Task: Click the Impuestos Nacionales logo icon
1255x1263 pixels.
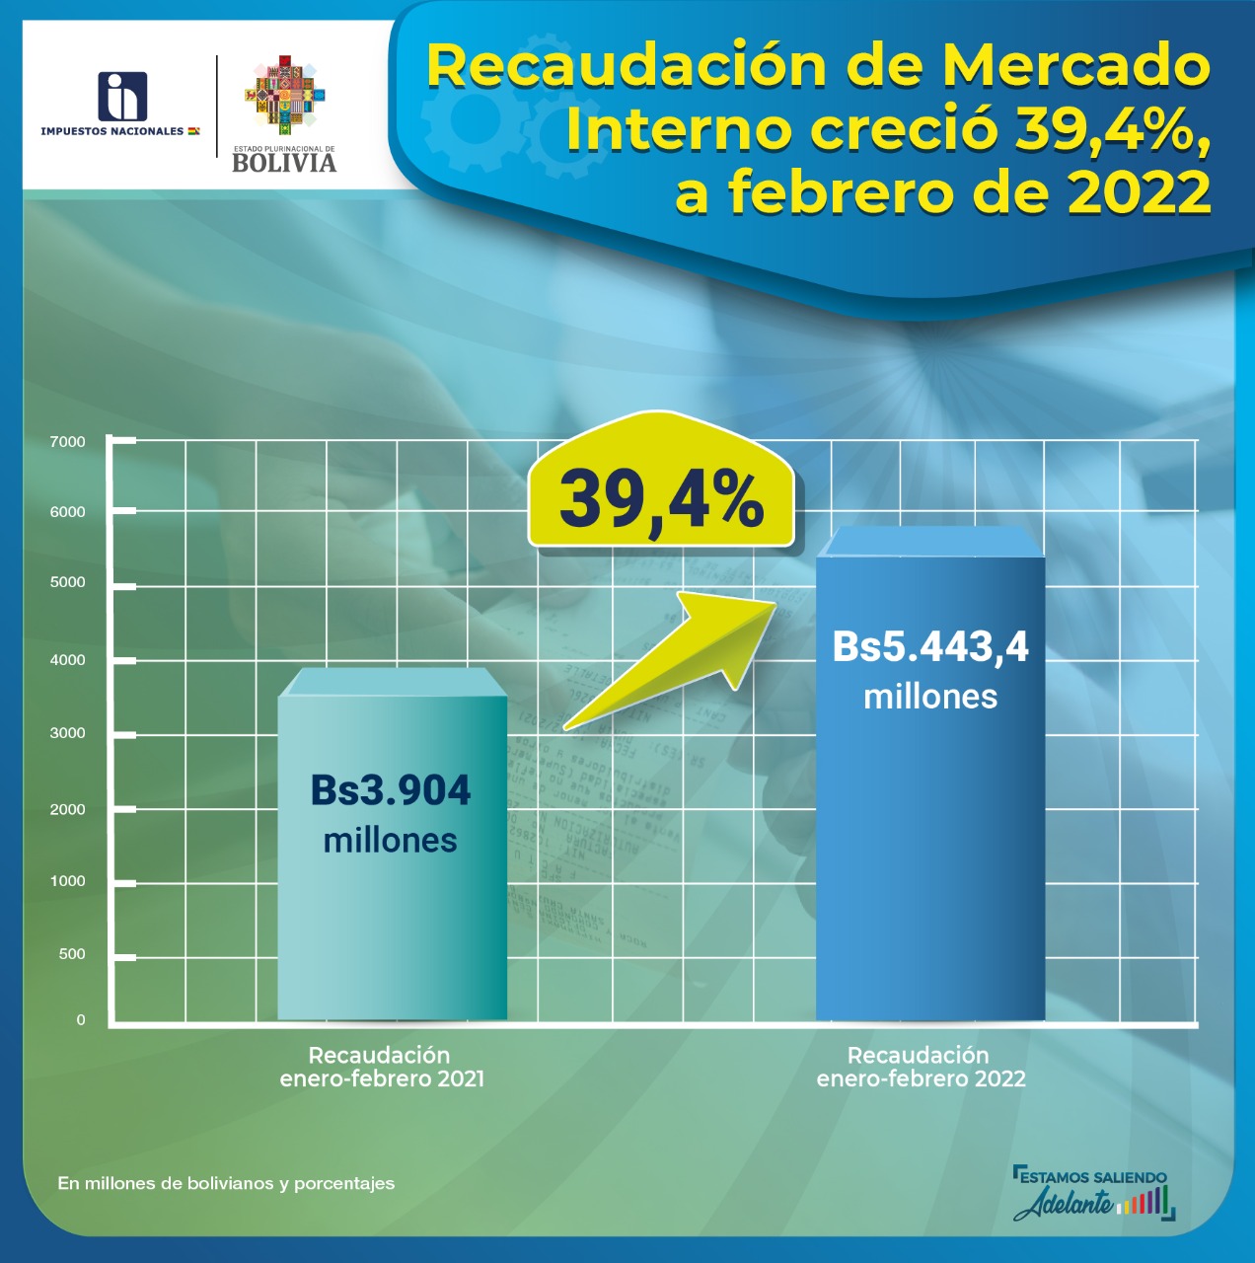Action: (122, 97)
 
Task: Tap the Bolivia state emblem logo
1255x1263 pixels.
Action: (284, 94)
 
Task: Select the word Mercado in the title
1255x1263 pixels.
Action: (1075, 66)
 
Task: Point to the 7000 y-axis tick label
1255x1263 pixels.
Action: (68, 442)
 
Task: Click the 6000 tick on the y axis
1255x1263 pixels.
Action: (68, 512)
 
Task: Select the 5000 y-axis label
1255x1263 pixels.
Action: (68, 582)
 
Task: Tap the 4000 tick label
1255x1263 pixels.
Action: (68, 660)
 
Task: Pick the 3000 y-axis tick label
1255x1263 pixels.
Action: (68, 733)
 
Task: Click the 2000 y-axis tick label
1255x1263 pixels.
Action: (68, 809)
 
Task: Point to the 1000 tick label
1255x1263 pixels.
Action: (68, 881)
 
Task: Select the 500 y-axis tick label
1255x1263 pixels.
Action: (72, 954)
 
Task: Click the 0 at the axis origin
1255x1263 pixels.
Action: (81, 1020)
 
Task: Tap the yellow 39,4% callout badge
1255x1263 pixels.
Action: (661, 498)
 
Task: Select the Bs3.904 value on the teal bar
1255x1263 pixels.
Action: (391, 790)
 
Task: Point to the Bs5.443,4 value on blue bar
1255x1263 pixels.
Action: (929, 647)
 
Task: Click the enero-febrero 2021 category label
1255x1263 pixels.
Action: (382, 1078)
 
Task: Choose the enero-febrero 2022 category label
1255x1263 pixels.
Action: (921, 1078)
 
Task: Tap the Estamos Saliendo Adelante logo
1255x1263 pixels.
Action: (1093, 1193)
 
